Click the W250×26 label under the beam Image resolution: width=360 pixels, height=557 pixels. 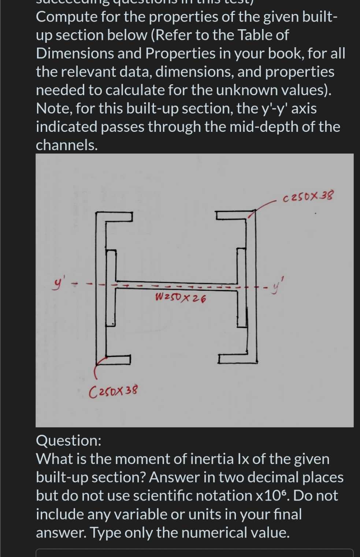[x=180, y=298]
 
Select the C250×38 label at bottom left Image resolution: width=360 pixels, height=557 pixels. [x=114, y=391]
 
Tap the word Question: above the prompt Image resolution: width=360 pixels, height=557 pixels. [x=68, y=440]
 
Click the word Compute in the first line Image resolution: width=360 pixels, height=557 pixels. [x=66, y=17]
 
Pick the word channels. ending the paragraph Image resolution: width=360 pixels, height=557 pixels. [x=67, y=145]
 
